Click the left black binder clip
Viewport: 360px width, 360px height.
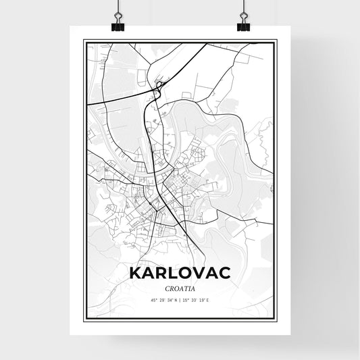point(117,24)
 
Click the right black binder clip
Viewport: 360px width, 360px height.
point(243,24)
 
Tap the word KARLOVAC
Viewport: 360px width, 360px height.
point(180,272)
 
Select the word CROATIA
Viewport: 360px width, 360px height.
point(180,287)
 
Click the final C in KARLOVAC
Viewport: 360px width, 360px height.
point(224,272)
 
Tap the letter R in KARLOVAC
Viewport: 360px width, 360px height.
point(155,272)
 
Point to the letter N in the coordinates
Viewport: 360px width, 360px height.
point(175,299)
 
